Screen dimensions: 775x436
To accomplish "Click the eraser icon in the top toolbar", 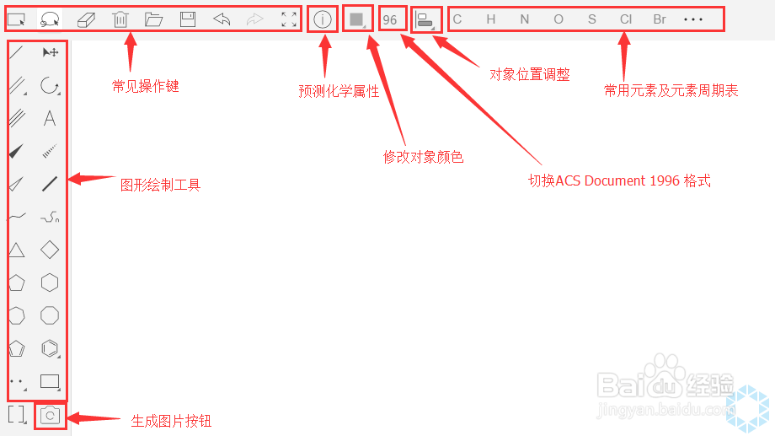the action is pos(87,19).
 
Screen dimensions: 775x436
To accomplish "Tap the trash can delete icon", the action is pos(120,19).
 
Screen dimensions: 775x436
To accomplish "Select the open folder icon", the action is pos(153,19).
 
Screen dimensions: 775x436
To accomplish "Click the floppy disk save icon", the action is pos(188,19).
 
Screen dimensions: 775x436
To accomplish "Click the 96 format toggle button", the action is pos(389,19).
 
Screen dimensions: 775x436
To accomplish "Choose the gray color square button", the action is pos(356,19).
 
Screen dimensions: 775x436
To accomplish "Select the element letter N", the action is pos(525,19).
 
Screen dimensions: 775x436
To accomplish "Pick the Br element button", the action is pos(660,19).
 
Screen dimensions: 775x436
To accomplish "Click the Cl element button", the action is pos(626,19).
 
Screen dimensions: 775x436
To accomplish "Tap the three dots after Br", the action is pos(693,19).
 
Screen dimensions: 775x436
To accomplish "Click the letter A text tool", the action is pos(50,118).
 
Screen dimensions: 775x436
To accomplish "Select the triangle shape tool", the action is pos(16,250).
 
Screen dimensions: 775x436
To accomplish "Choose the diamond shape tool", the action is pos(50,250).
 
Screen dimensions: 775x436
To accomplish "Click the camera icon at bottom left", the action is pos(50,415).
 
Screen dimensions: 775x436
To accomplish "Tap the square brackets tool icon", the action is pos(16,414).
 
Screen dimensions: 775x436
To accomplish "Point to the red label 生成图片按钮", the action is pos(171,421).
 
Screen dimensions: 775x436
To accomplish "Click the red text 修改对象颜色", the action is pos(423,157).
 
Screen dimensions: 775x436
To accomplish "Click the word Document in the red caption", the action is pos(615,180).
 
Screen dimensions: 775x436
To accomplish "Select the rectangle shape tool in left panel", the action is pos(50,381).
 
